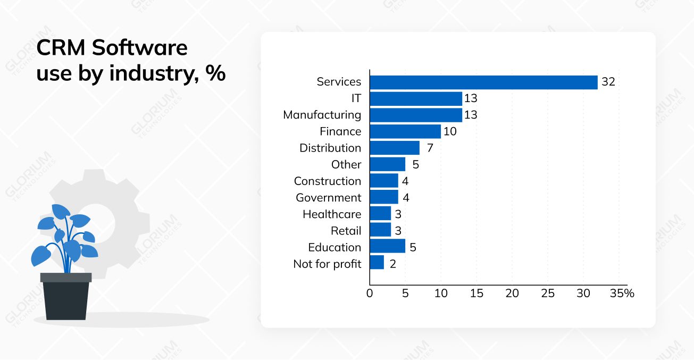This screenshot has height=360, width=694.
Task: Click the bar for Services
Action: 483,82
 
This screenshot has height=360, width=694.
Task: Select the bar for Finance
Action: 405,131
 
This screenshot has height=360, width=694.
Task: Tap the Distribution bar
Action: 395,148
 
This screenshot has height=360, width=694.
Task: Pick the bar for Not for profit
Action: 377,263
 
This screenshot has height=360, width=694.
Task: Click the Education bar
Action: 387,246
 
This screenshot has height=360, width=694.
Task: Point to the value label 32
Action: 608,82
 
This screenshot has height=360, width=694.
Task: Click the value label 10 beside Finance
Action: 450,131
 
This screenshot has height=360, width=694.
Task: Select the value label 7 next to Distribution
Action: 430,148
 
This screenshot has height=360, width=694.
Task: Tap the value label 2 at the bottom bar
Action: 393,263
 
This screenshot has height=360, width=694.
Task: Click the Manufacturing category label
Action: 322,115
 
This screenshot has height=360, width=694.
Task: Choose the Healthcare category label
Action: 332,214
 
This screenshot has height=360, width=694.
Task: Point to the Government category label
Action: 328,198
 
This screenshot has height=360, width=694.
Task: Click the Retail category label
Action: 346,231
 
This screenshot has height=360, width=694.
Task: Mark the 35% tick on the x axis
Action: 622,294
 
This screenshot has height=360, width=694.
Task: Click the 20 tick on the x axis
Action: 512,294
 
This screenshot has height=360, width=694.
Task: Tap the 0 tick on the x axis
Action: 370,294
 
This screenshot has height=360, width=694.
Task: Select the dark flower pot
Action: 66,298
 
